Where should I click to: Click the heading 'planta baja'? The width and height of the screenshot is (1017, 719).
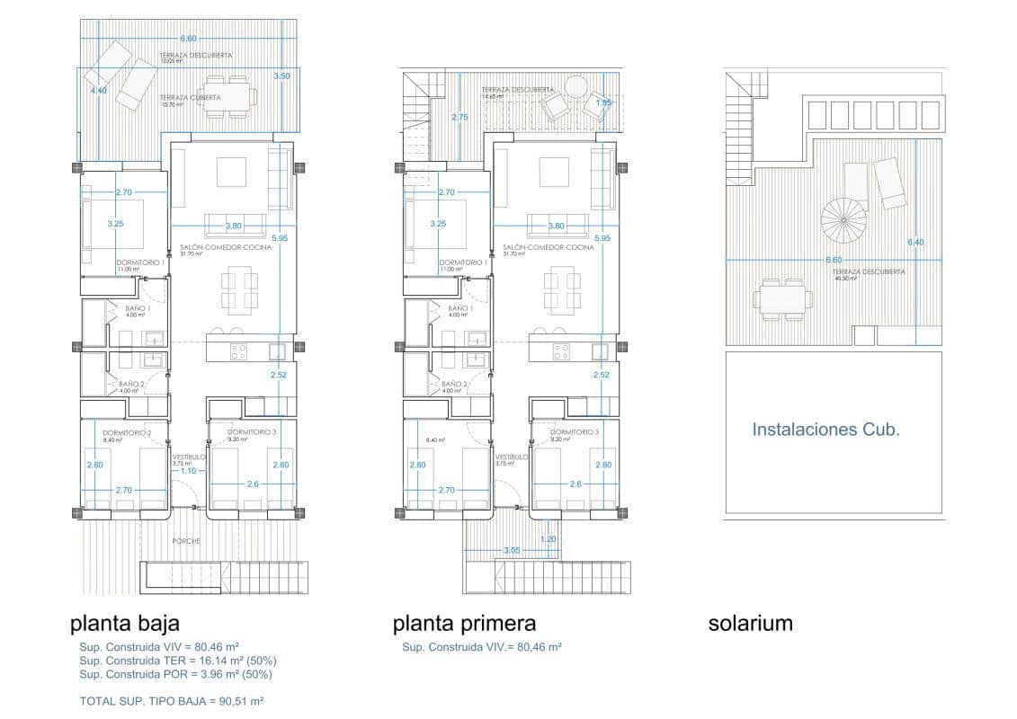[125, 623]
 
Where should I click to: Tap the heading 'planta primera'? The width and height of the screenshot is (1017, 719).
[464, 623]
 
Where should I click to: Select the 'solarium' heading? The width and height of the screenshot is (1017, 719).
[750, 623]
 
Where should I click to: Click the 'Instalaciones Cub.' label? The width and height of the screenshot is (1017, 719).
[825, 430]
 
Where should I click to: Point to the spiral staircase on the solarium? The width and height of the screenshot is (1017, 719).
[843, 217]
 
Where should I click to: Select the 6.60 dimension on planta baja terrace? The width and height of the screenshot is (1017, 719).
[188, 39]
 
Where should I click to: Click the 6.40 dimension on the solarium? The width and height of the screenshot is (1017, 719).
[915, 243]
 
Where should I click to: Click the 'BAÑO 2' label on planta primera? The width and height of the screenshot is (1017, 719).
[454, 384]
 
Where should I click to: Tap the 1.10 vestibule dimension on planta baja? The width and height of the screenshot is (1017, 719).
[189, 471]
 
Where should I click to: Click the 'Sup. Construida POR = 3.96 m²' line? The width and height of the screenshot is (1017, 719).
[175, 674]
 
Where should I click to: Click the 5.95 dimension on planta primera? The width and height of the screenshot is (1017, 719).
[602, 238]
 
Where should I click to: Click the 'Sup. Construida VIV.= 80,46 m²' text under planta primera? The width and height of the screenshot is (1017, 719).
[482, 647]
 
